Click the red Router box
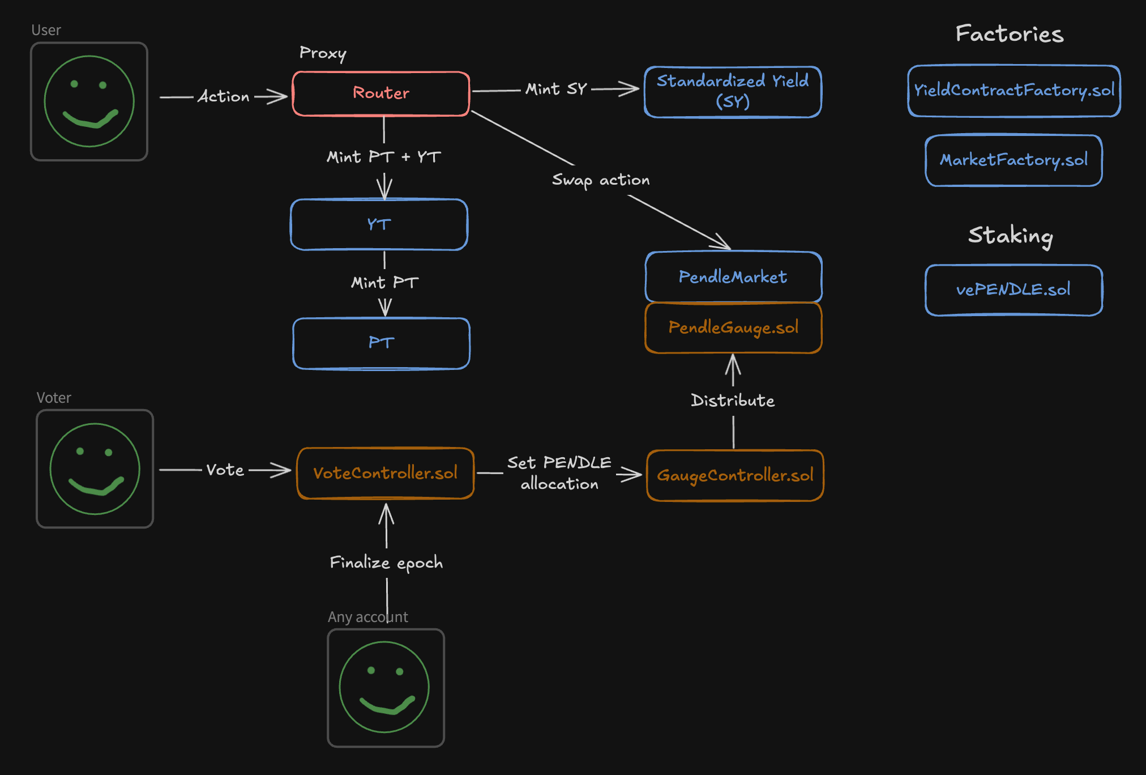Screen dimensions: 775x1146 click(x=381, y=93)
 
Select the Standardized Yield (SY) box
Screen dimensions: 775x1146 click(x=733, y=92)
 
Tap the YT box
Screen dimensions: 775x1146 click(x=379, y=224)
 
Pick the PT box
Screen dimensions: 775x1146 click(x=381, y=343)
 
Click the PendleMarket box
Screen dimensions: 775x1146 click(x=733, y=277)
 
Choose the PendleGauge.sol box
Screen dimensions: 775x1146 click(x=733, y=327)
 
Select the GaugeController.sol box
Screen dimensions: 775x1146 click(x=735, y=475)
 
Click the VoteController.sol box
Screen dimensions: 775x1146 click(x=385, y=473)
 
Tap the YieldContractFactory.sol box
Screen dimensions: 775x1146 click(x=1014, y=91)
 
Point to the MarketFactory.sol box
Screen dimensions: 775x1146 click(x=1014, y=160)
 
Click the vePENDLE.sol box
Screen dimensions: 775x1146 click(x=1014, y=290)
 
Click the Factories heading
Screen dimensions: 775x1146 click(x=1010, y=34)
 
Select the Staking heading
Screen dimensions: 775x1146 click(x=1011, y=236)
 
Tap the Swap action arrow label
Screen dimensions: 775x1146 click(x=601, y=180)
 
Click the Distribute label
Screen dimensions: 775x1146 click(x=733, y=401)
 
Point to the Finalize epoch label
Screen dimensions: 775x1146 click(x=386, y=563)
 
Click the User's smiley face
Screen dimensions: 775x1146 click(x=89, y=101)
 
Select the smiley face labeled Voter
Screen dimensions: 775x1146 click(x=95, y=469)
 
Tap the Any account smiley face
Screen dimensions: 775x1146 click(x=385, y=687)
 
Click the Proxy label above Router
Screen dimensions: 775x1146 click(x=323, y=53)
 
